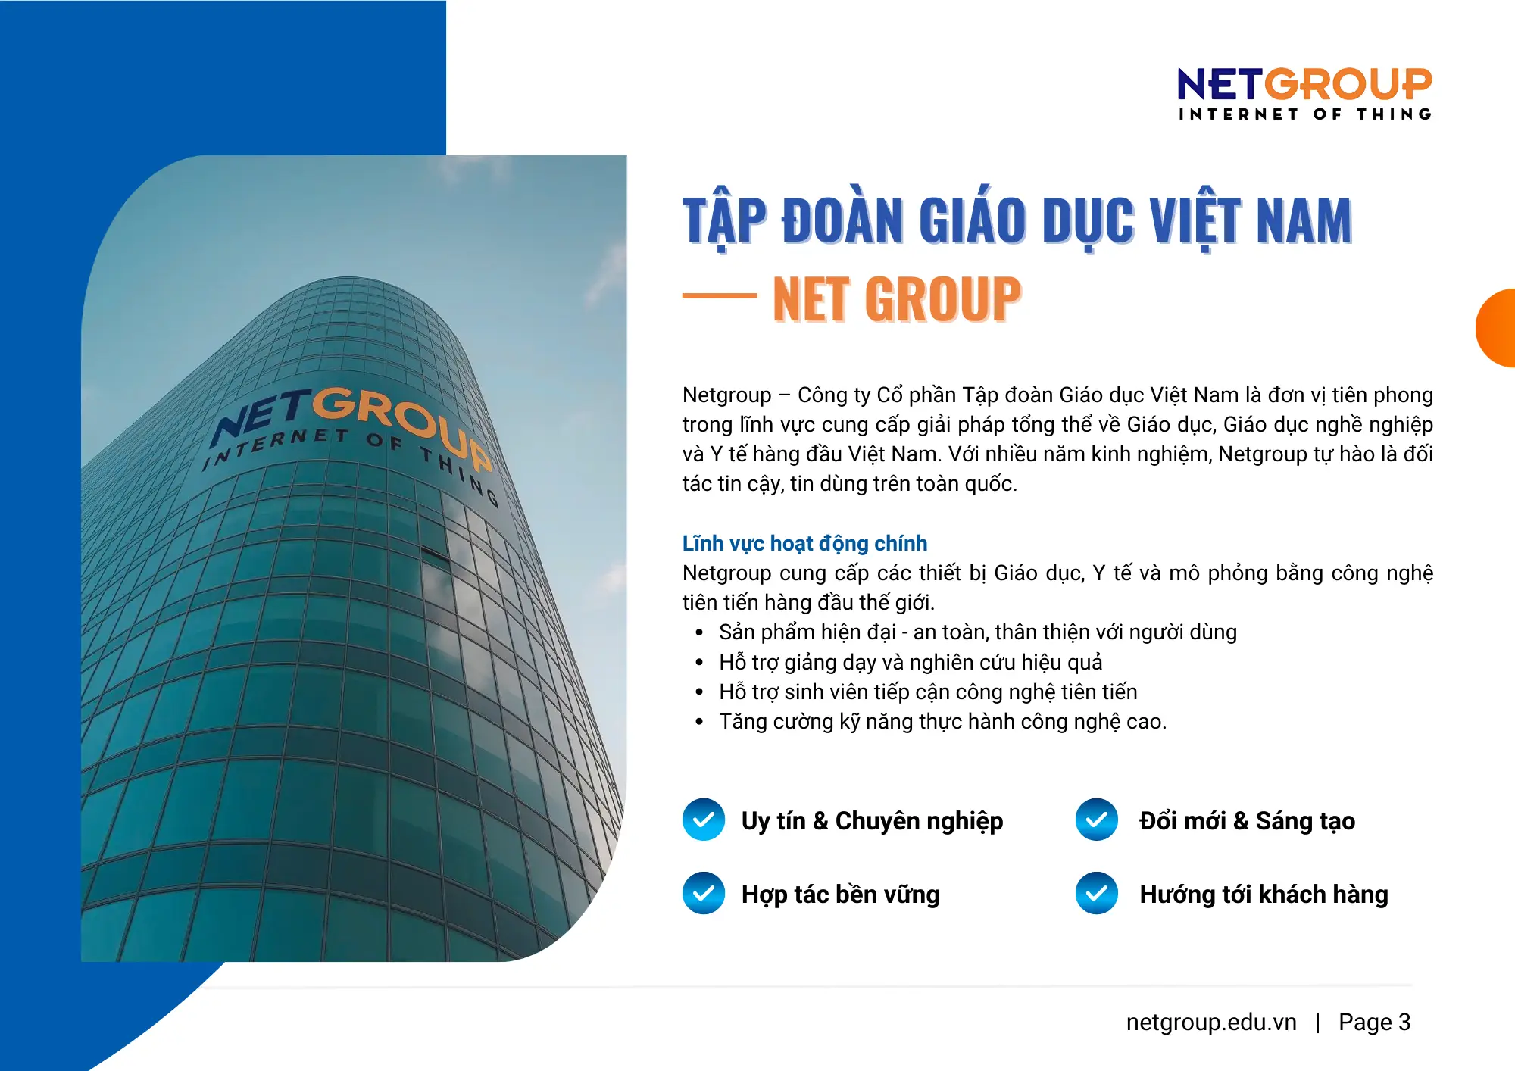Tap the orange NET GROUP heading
point(897,299)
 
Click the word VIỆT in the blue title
point(1196,220)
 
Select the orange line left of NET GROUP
point(719,296)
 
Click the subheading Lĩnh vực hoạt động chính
point(804,543)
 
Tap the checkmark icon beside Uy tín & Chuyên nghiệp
point(704,820)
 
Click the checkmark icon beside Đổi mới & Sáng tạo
point(1096,820)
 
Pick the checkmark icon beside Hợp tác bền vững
point(704,893)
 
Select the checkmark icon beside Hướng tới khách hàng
point(1096,893)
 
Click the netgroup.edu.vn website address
point(1211,1022)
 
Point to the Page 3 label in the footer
point(1374,1022)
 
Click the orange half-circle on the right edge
point(1497,328)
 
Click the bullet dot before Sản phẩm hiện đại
point(699,632)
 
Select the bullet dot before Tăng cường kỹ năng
point(699,722)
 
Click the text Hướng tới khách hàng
point(1264,895)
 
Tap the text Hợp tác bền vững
point(840,895)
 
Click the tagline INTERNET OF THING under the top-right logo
point(1304,114)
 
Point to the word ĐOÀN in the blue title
point(842,220)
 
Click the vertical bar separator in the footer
point(1318,1023)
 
